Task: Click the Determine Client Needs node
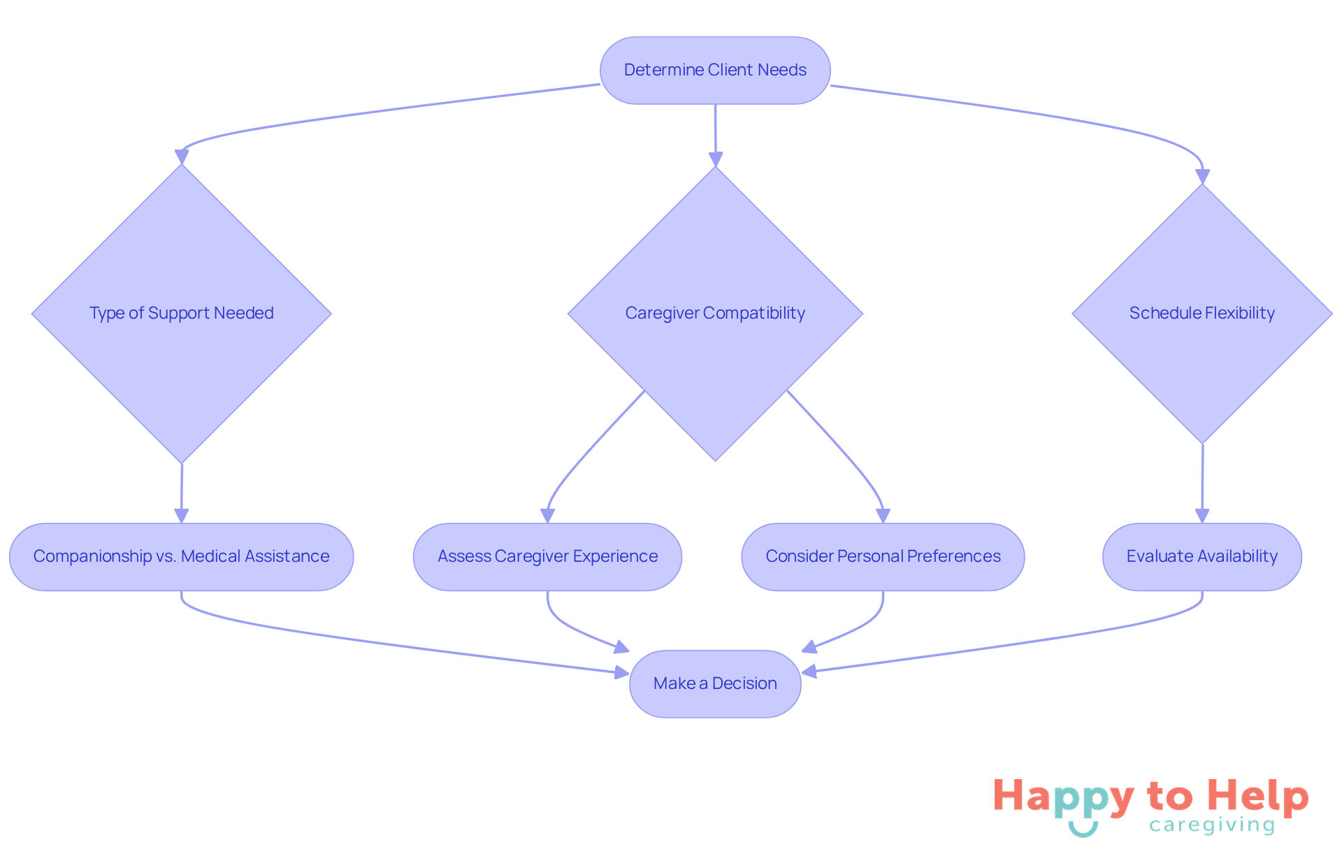715,71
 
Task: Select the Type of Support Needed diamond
182,313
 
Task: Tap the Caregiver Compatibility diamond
715,313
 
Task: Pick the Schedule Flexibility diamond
1202,313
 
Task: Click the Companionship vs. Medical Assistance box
182,557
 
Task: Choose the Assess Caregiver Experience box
547,557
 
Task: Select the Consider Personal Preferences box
883,557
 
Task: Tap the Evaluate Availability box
1202,557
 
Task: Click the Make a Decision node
715,683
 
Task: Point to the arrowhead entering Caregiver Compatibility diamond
715,159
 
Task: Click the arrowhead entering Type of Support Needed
182,157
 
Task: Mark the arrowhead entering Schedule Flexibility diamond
1202,176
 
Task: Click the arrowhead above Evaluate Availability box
1202,516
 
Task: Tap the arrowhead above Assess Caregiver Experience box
547,516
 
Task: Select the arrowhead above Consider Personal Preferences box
883,516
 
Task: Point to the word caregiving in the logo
1212,826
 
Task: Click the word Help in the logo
1258,797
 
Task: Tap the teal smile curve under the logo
1083,830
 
